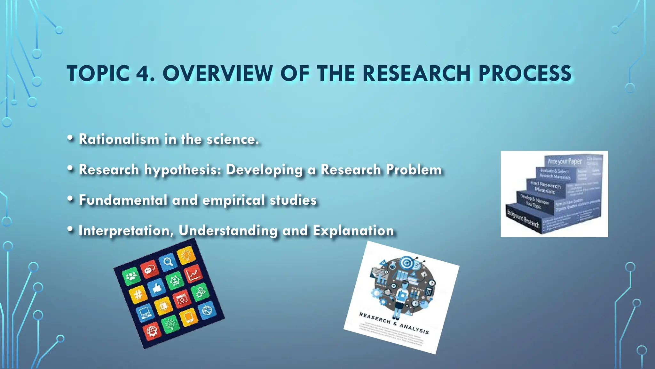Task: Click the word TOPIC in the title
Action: pyautogui.click(x=98, y=74)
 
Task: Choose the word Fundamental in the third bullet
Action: pyautogui.click(x=123, y=200)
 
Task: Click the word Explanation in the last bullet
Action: pyautogui.click(x=353, y=231)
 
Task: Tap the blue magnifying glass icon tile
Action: pyautogui.click(x=168, y=262)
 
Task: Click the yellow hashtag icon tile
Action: pyautogui.click(x=138, y=294)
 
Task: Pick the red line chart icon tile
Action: pyautogui.click(x=193, y=274)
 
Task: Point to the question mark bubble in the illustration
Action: pyautogui.click(x=432, y=283)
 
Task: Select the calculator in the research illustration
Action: pyautogui.click(x=429, y=292)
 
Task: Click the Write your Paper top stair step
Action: pyautogui.click(x=564, y=161)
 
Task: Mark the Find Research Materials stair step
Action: pyautogui.click(x=545, y=187)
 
